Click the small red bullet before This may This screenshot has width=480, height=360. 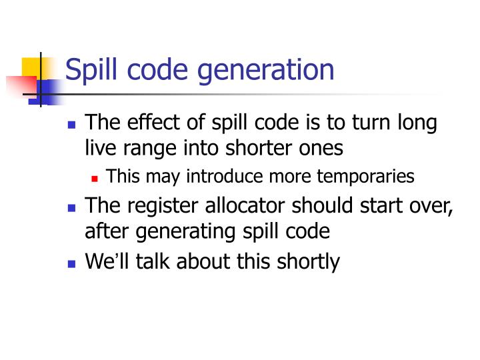pos(95,179)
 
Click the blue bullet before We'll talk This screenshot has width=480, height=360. pos(73,263)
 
